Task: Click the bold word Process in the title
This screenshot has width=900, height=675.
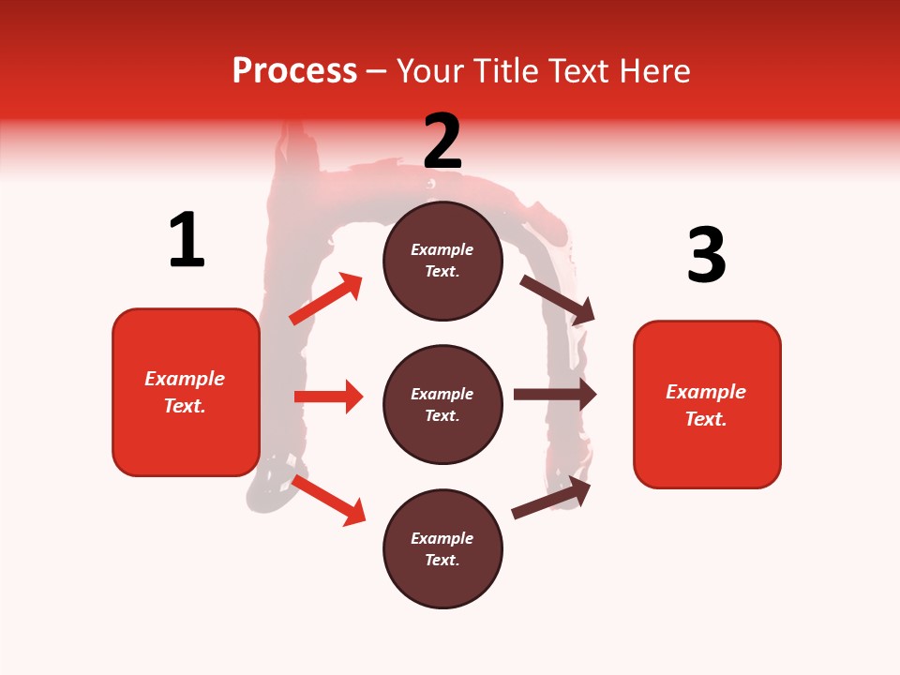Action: coord(294,70)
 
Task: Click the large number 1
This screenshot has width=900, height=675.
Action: coord(187,240)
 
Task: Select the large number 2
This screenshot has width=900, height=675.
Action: coord(442,141)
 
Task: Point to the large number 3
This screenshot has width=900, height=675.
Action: coord(706,255)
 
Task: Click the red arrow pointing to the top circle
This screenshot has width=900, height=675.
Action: coord(325,299)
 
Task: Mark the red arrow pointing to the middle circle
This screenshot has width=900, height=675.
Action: coord(328,397)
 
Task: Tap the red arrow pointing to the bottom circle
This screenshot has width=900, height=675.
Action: coord(328,501)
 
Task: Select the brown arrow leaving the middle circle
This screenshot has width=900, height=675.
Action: coord(554,395)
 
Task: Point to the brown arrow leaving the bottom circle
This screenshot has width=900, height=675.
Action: coord(551,498)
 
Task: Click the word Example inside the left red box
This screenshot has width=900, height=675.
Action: coord(185,379)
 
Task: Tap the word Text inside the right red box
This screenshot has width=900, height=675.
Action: coord(706,419)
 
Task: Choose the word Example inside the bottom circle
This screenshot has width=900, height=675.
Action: coord(442,538)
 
